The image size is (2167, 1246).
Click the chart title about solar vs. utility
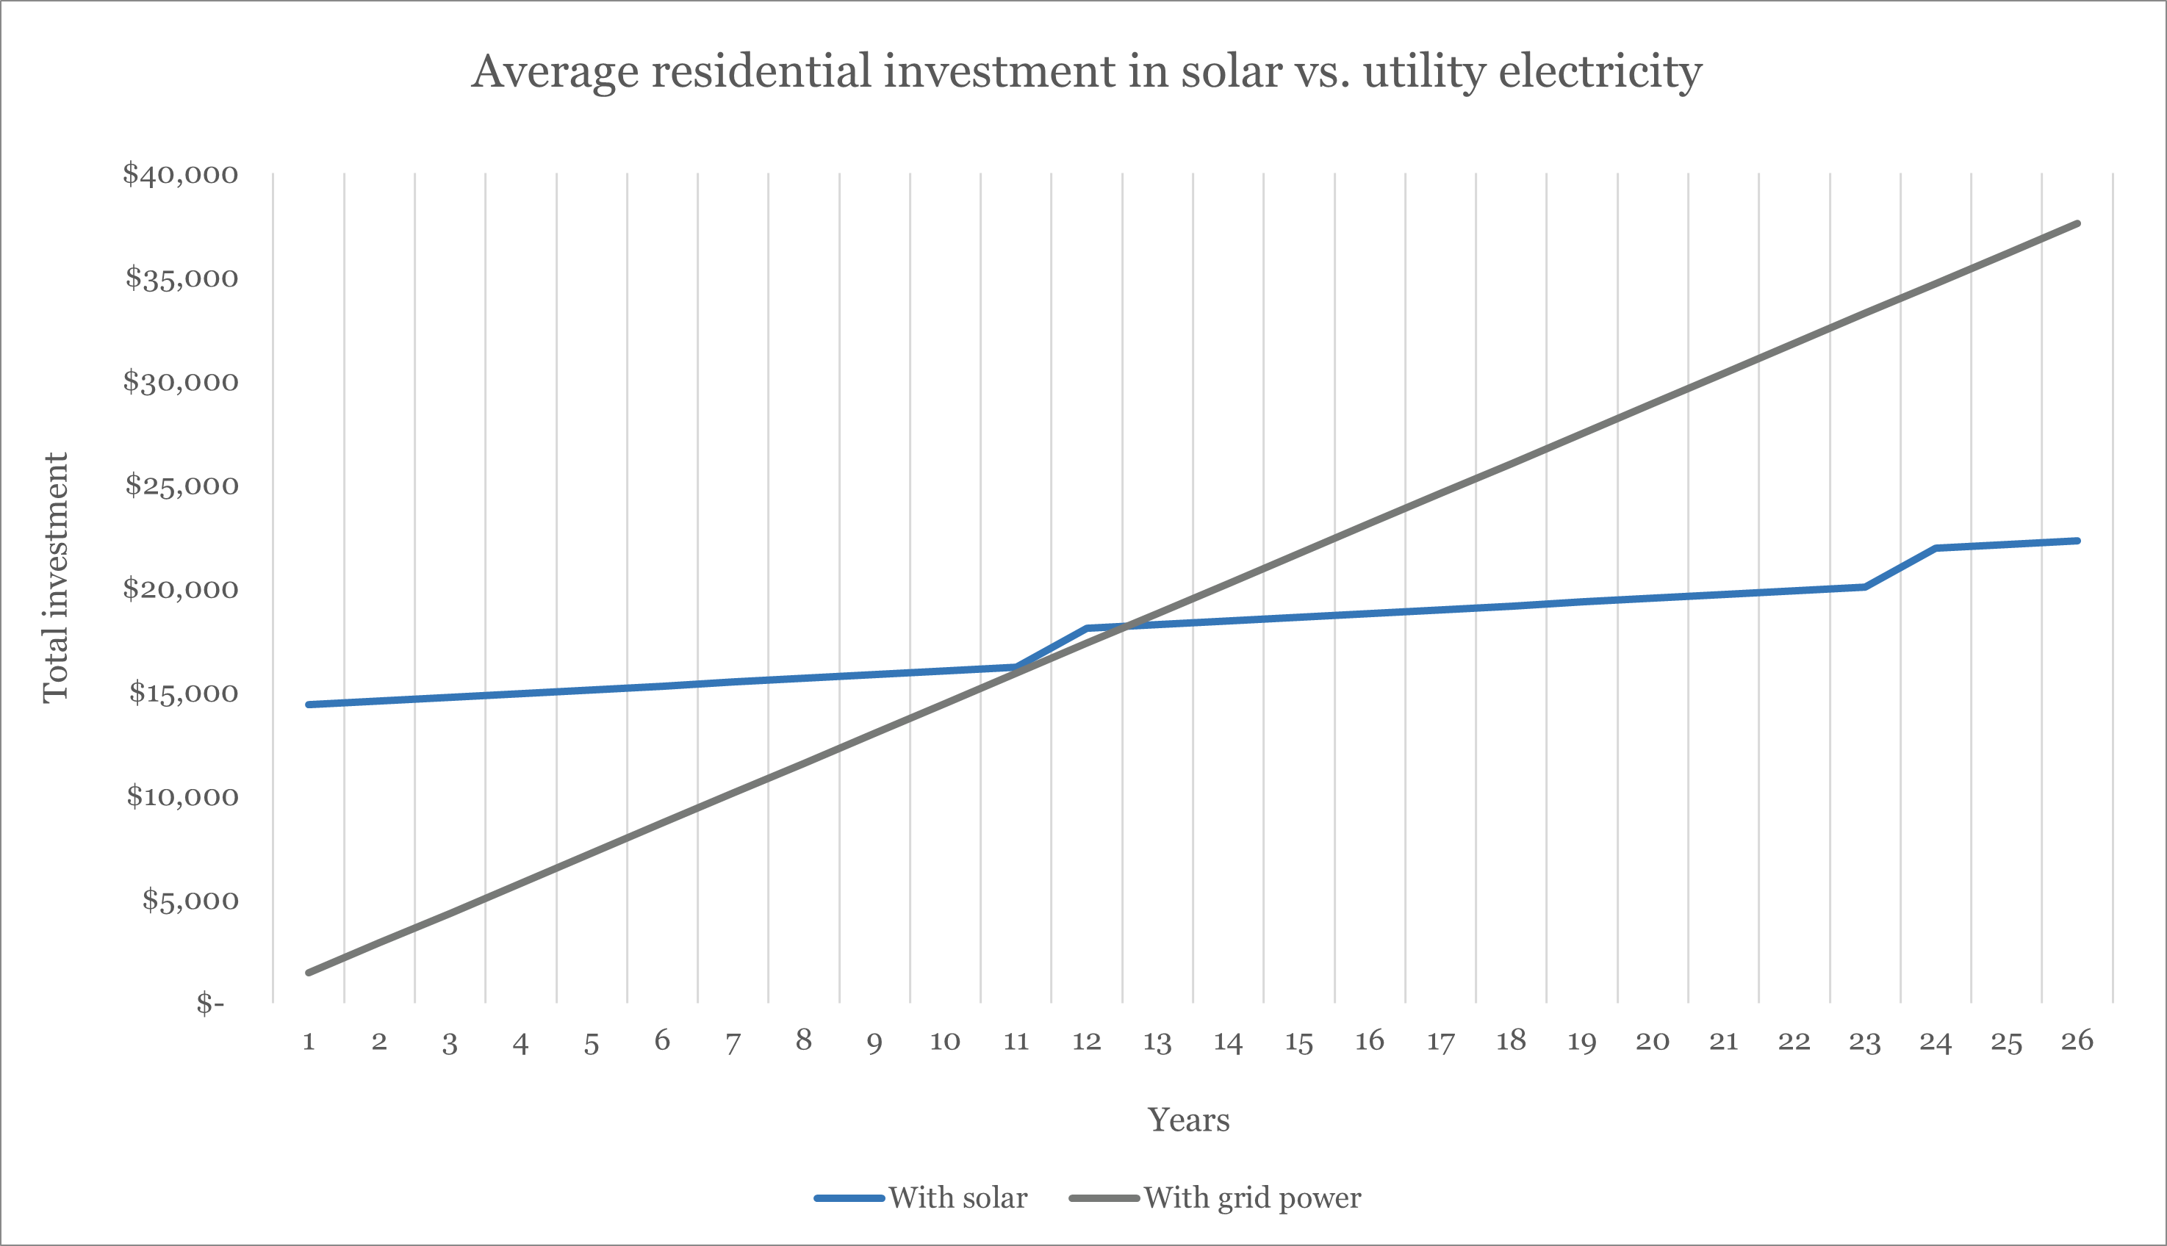(x=1086, y=71)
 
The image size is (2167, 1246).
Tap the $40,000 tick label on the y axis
(x=180, y=175)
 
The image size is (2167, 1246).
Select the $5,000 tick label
(x=190, y=900)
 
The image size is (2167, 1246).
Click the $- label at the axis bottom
(x=209, y=1003)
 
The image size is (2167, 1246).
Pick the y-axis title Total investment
(x=56, y=578)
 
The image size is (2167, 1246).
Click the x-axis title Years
(x=1188, y=1120)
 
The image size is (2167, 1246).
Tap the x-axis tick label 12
(x=1086, y=1042)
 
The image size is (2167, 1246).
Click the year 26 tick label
(x=2077, y=1042)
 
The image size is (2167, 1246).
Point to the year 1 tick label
(x=309, y=1042)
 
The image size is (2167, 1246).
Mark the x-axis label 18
(x=1511, y=1042)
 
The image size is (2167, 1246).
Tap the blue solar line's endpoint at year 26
(x=2077, y=541)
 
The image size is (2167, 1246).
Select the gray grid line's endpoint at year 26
(x=2077, y=223)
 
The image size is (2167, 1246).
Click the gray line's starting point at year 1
(x=309, y=972)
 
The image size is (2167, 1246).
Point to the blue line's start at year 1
(x=309, y=705)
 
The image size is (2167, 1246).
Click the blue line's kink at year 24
(x=1935, y=547)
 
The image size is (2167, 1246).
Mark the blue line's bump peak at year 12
(x=1086, y=628)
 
